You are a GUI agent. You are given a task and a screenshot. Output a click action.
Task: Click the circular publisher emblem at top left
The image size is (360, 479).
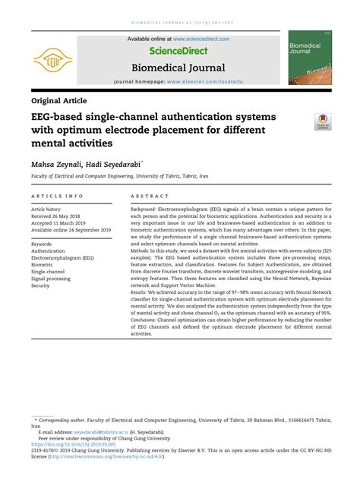[54, 58]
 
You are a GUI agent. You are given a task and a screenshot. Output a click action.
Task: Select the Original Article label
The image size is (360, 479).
[59, 100]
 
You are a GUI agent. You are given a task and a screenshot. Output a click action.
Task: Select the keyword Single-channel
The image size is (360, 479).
[49, 271]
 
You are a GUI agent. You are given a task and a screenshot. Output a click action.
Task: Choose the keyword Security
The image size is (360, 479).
[40, 285]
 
